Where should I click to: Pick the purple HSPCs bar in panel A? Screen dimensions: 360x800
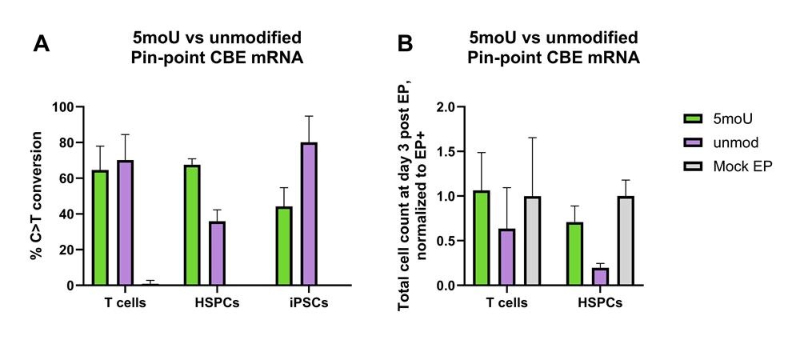[x=216, y=253]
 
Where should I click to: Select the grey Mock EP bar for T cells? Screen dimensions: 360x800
[x=534, y=241]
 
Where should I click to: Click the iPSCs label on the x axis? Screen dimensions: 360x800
[x=308, y=303]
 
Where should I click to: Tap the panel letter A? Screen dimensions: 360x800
[x=42, y=45]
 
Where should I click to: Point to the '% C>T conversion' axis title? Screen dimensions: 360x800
[x=36, y=196]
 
